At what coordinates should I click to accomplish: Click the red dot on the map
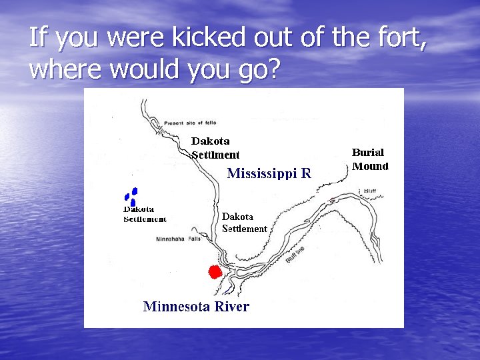click(x=215, y=272)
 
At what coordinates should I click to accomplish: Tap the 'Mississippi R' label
click(x=269, y=174)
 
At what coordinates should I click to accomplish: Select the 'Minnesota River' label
click(x=196, y=307)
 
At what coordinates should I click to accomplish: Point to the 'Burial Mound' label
click(x=370, y=159)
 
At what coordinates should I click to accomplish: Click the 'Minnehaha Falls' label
click(x=178, y=239)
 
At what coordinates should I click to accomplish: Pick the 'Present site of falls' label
click(x=195, y=123)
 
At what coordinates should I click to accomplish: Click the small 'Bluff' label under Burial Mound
click(x=370, y=191)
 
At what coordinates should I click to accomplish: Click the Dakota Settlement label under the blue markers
click(x=145, y=214)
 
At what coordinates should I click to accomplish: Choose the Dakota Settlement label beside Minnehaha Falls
click(x=244, y=223)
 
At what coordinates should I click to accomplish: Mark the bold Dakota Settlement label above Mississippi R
click(x=215, y=148)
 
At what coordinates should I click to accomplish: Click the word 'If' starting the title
click(x=37, y=39)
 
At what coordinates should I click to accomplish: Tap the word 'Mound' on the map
click(x=370, y=166)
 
